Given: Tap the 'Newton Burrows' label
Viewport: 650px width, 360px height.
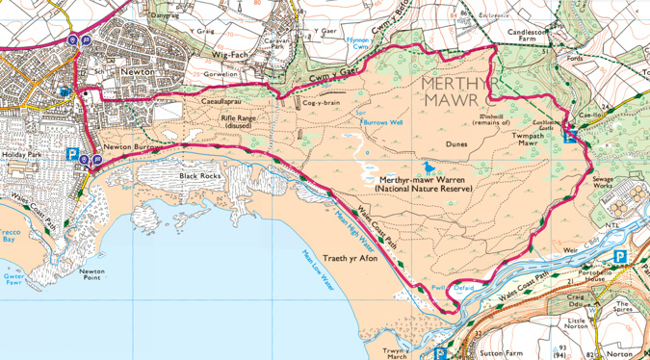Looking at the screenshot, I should [x=131, y=146].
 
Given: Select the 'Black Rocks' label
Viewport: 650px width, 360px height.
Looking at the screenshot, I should [x=199, y=176].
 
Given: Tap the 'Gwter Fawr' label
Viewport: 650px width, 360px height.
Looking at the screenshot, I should [x=12, y=280].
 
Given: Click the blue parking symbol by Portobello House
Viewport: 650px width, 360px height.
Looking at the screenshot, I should [x=620, y=256].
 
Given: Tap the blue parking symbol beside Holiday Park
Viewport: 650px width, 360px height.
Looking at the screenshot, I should [x=71, y=153].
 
